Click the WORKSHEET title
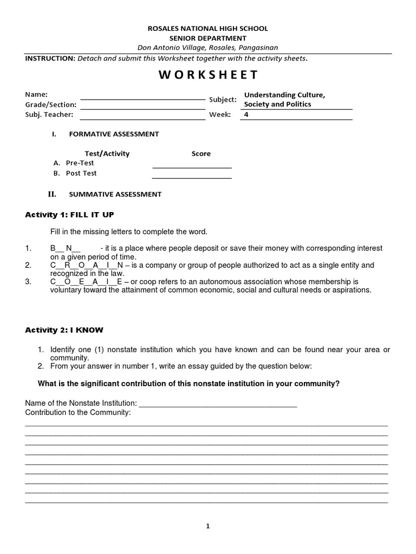(208, 75)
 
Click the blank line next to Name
(142, 98)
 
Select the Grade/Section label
(51, 104)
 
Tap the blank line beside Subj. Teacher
(142, 118)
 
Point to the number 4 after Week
(246, 114)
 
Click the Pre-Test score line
(192, 167)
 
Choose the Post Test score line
(192, 177)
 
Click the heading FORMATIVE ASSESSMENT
(113, 134)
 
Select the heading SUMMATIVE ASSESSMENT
(115, 194)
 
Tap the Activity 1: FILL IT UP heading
(70, 215)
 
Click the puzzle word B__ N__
(65, 248)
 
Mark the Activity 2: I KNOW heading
(64, 329)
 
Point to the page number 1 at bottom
(207, 526)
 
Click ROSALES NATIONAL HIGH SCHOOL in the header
(208, 28)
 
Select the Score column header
(201, 154)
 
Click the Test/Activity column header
(107, 154)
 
